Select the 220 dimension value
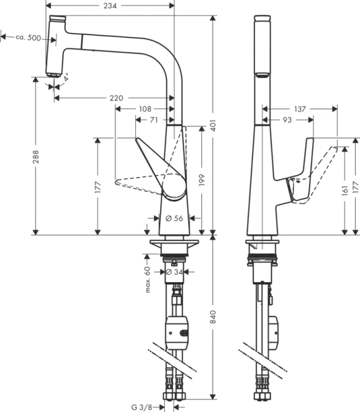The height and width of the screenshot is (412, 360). click(116, 98)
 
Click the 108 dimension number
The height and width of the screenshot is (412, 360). click(146, 109)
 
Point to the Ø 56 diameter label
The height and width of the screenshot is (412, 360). click(175, 218)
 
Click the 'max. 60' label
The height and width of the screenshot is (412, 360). click(148, 280)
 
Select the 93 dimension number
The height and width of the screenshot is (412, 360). click(286, 120)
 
